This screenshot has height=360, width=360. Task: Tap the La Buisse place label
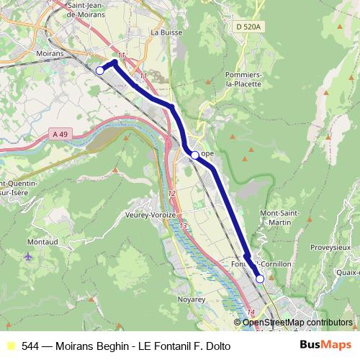coord(164,33)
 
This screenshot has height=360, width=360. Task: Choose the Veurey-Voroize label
coord(150,215)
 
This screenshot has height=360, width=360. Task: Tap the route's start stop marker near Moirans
coord(100,70)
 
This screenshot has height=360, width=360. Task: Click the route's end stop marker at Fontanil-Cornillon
coord(260,279)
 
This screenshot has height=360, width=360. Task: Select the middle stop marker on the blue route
coord(194,155)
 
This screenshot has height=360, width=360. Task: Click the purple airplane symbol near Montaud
coord(28,257)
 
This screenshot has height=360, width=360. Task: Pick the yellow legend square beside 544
coord(10,346)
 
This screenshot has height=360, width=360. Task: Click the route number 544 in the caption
coord(31,346)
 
